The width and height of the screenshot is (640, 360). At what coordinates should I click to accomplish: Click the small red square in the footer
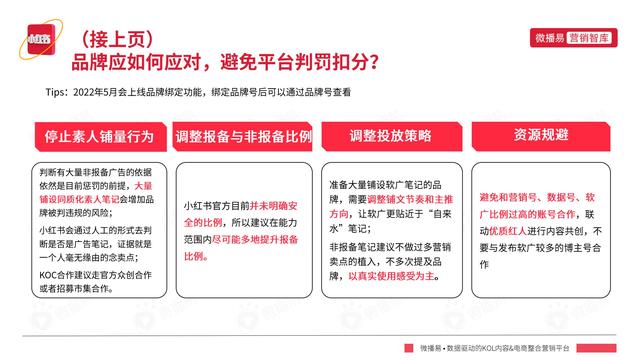point(409,347)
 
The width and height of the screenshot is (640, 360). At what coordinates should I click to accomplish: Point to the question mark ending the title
point(372,64)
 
